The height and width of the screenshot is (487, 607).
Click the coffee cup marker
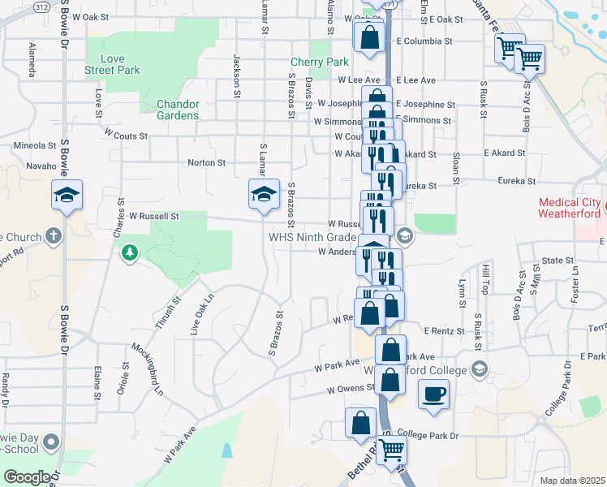point(433,394)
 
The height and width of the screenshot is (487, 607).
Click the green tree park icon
point(129,255)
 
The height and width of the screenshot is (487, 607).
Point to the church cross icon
point(54,237)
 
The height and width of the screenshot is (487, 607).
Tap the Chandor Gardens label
point(177,110)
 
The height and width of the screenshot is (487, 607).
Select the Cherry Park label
point(320,62)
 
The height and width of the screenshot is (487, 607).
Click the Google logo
point(27,477)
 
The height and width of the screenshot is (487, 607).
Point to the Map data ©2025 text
point(572,481)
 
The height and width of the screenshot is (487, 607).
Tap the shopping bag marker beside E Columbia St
point(370,40)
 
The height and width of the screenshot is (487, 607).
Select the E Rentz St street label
point(444,331)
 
